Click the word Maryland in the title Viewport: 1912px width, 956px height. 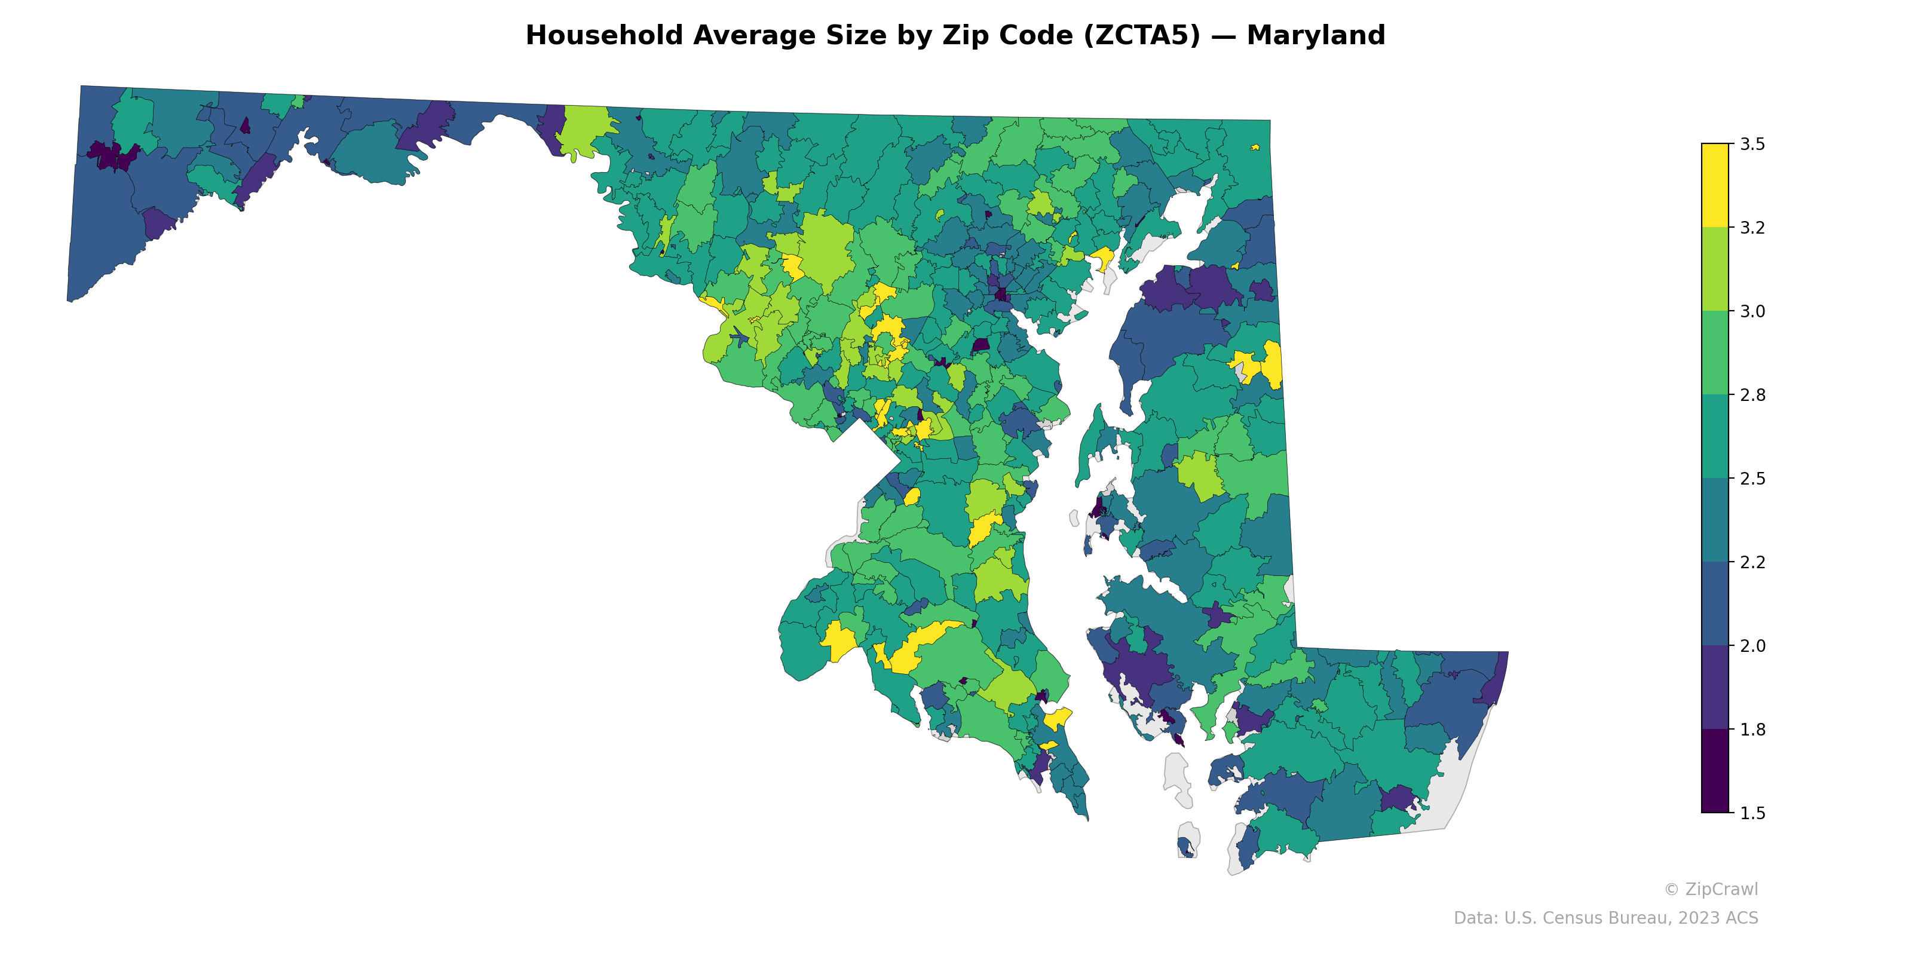coord(1315,36)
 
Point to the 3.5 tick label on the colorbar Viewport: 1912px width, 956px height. coord(1752,144)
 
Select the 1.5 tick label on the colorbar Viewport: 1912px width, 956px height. coord(1752,813)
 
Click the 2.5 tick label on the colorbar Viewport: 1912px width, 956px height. coord(1752,479)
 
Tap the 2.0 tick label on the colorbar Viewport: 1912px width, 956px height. coord(1752,646)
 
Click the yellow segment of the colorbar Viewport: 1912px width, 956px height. coord(1715,186)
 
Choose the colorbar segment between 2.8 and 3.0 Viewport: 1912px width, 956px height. coord(1715,353)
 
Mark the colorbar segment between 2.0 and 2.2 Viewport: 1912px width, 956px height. coord(1715,603)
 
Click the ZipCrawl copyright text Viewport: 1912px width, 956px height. coord(1711,889)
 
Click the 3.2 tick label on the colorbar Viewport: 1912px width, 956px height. coord(1752,228)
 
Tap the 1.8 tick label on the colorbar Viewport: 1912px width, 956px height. coord(1752,730)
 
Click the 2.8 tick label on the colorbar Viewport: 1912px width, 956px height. coord(1752,395)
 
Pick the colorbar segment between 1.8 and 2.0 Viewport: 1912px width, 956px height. coord(1715,687)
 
